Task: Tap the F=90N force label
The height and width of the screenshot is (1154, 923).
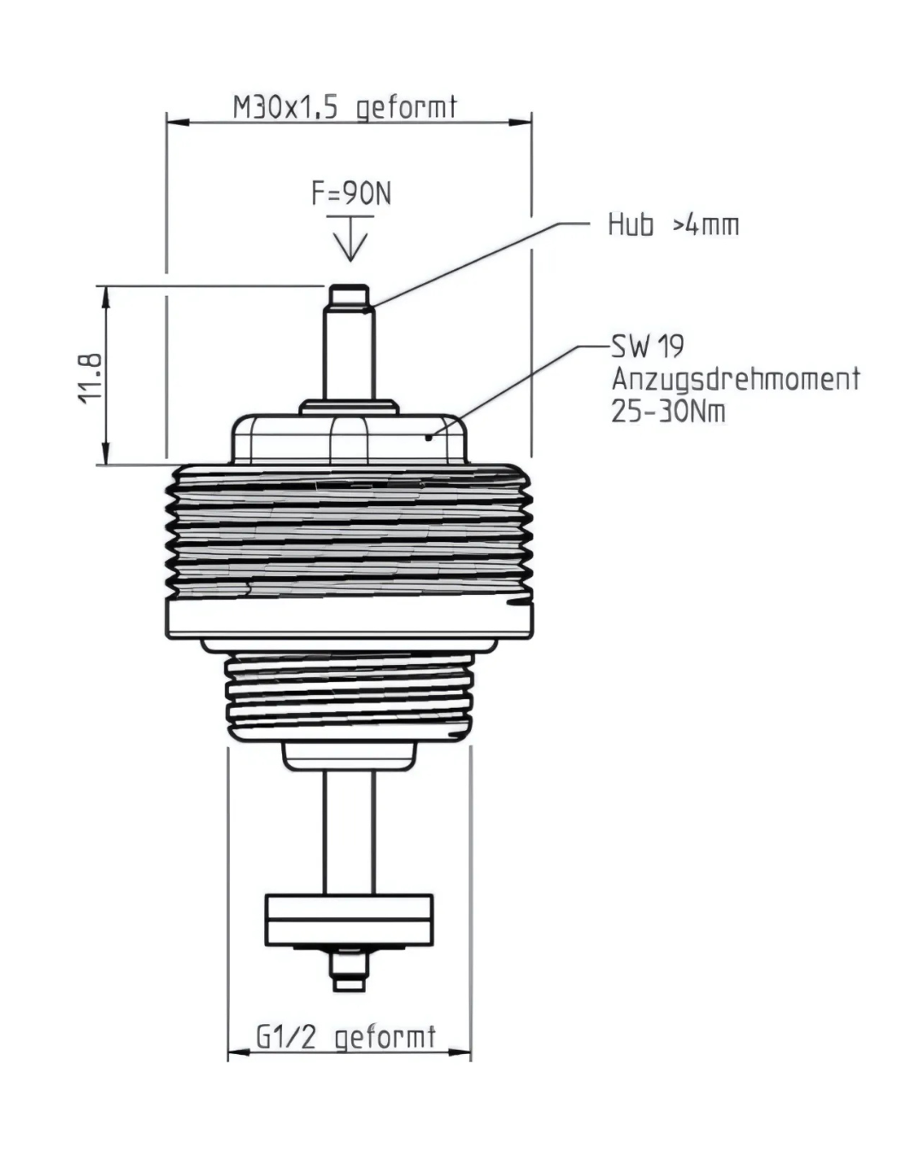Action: [x=351, y=193]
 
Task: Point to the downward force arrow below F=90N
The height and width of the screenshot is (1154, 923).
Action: [x=350, y=238]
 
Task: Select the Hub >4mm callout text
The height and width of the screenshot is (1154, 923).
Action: [x=673, y=225]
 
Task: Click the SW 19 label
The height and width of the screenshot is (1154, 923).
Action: [x=648, y=346]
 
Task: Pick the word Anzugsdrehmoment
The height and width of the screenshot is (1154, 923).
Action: [x=736, y=379]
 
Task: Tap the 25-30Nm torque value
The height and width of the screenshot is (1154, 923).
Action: [x=668, y=412]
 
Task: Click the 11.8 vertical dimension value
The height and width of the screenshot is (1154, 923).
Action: [x=90, y=378]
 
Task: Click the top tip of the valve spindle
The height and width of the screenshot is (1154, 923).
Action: [x=350, y=286]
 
